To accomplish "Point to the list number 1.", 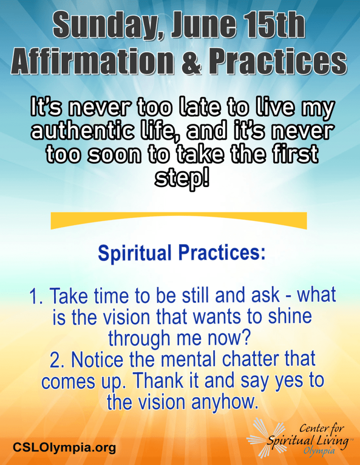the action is pyautogui.click(x=37, y=296).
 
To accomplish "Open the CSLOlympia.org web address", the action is pyautogui.click(x=64, y=447).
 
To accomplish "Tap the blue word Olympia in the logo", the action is pyautogui.click(x=319, y=451).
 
